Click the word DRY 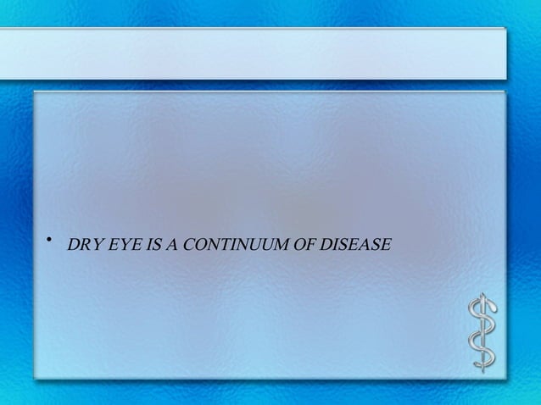(84, 247)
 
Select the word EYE (118, 247)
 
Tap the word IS (144, 247)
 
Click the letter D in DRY (74, 247)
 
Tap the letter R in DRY (84, 247)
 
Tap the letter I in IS (140, 247)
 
